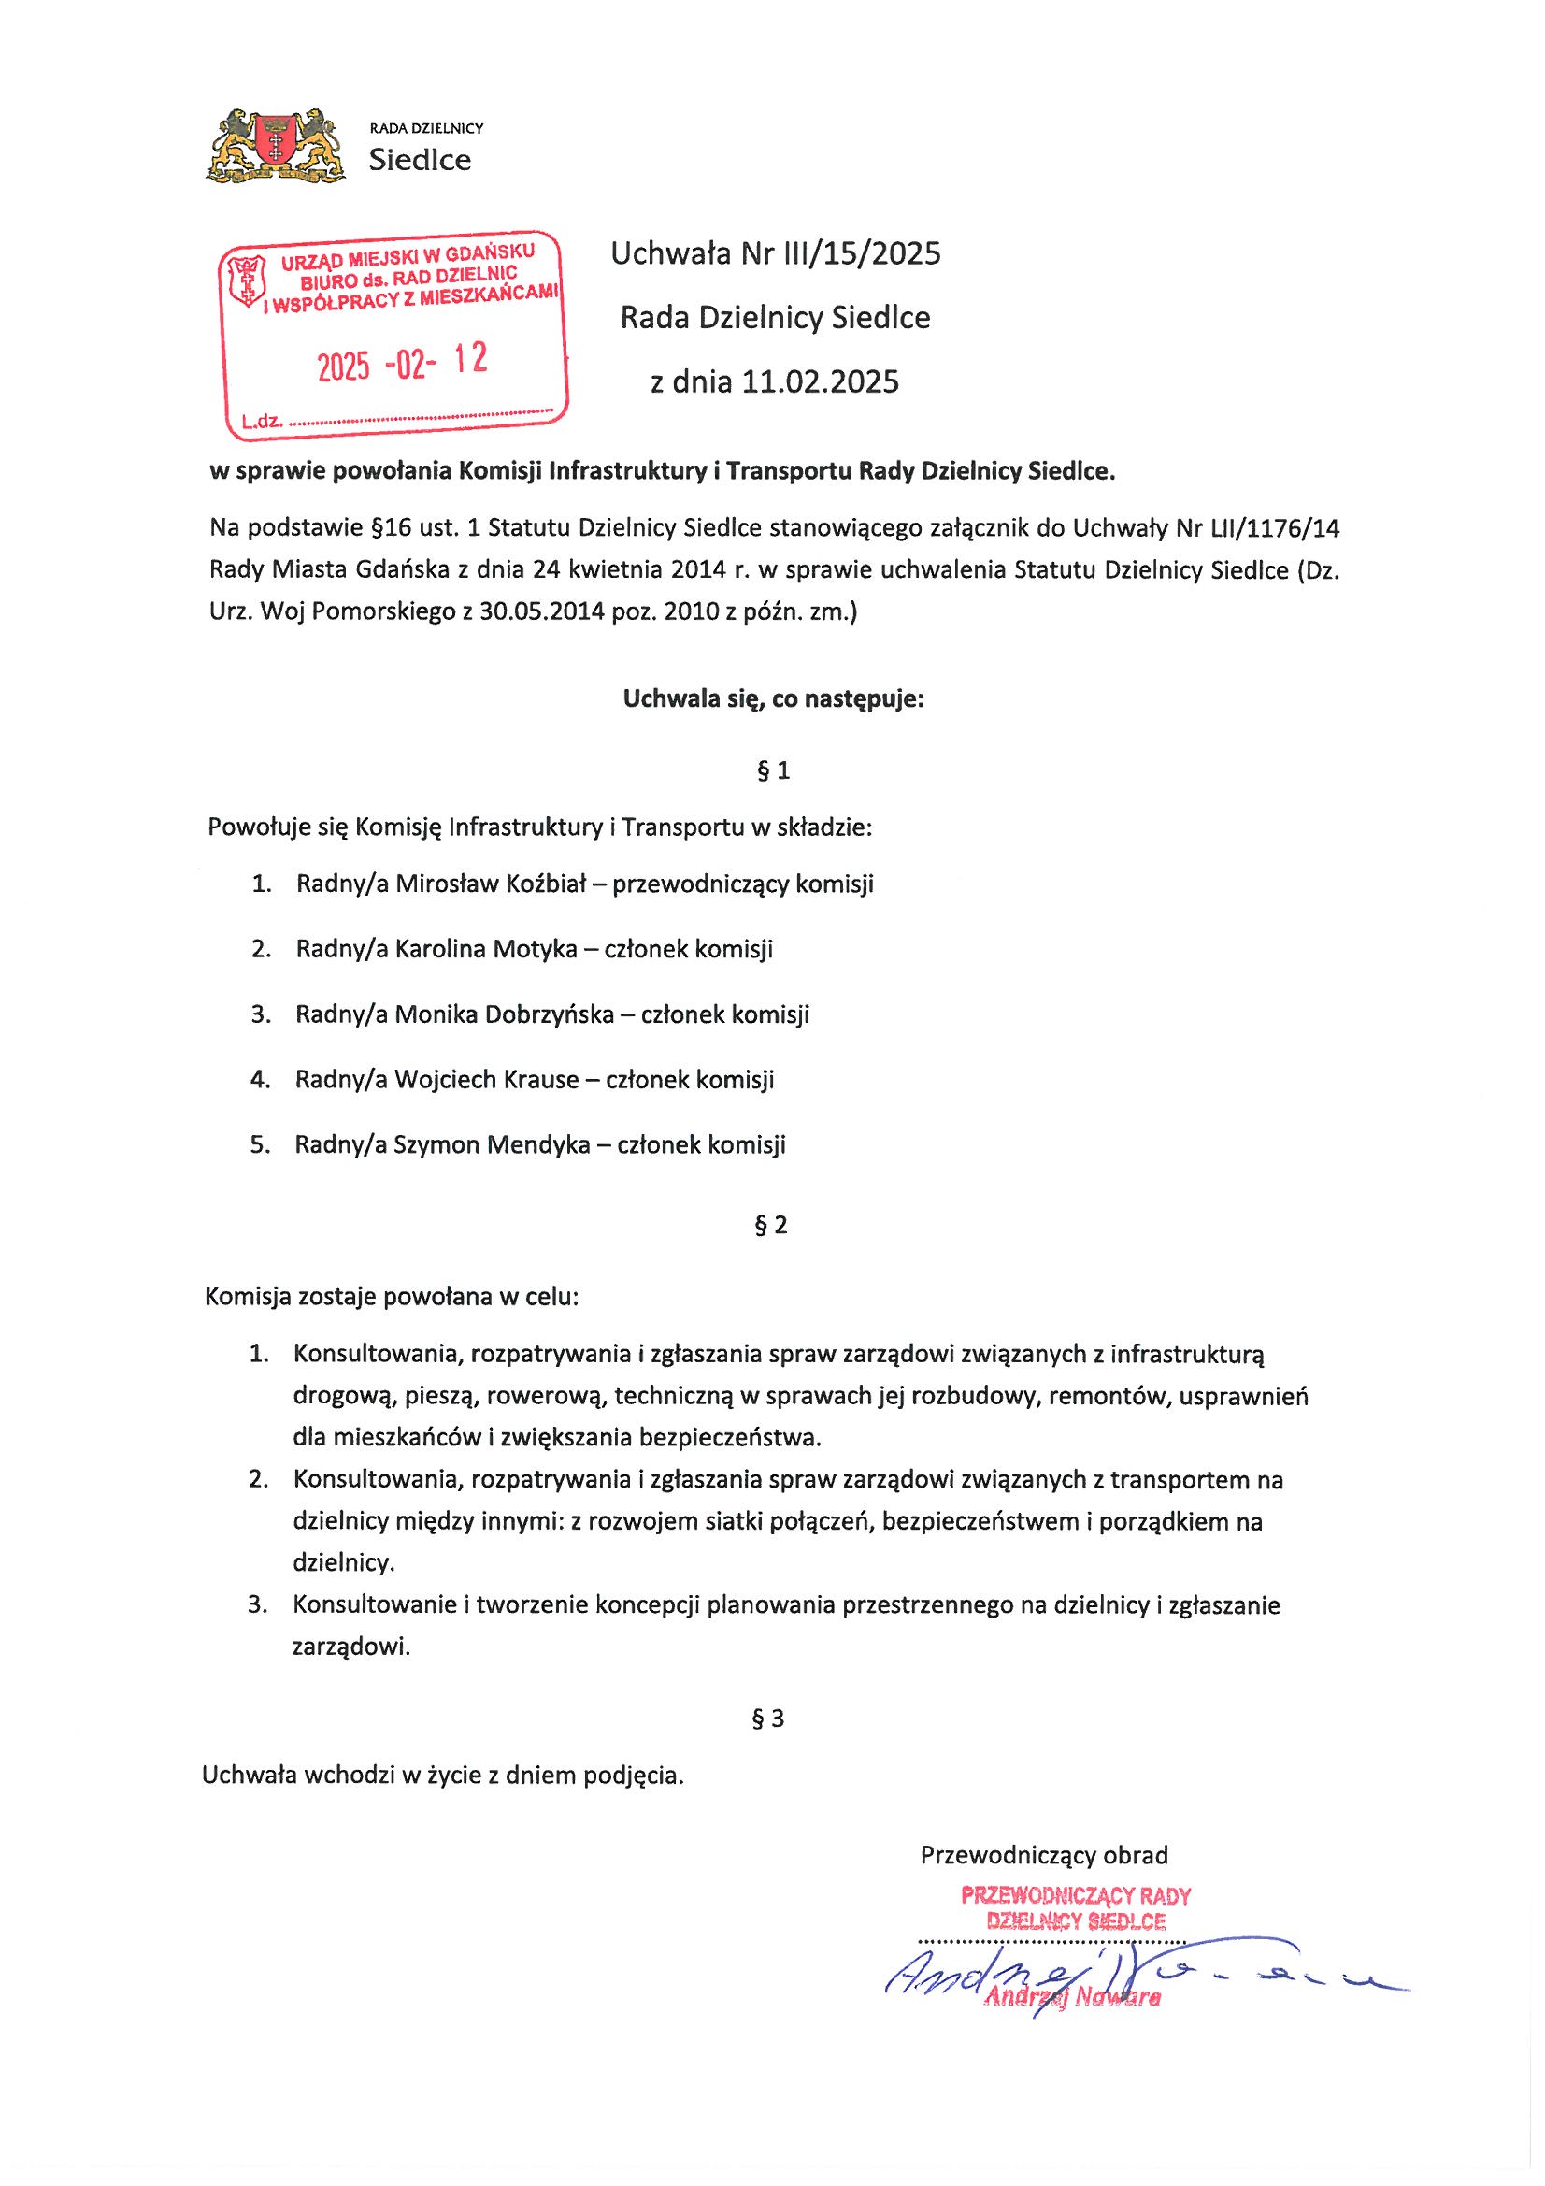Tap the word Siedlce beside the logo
(x=420, y=160)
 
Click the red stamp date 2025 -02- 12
(x=402, y=362)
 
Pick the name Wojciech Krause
(x=486, y=1079)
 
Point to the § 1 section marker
(x=772, y=770)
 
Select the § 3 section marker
(x=768, y=1719)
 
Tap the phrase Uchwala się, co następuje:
(x=773, y=699)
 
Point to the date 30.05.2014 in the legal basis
(x=543, y=612)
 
